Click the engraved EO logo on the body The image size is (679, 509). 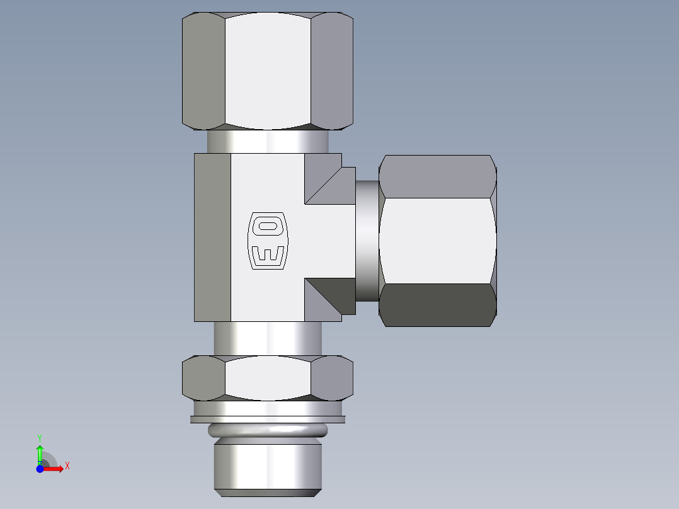pyautogui.click(x=268, y=240)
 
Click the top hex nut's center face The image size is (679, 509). pyautogui.click(x=268, y=71)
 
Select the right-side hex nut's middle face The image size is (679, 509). pyautogui.click(x=437, y=241)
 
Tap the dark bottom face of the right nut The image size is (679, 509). pyautogui.click(x=437, y=305)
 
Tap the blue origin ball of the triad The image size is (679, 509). pyautogui.click(x=40, y=469)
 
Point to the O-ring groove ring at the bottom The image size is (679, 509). pyautogui.click(x=268, y=431)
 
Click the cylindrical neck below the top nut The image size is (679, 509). pyautogui.click(x=268, y=141)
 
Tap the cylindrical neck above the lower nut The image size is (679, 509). pyautogui.click(x=268, y=338)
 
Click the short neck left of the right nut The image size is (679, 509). pyautogui.click(x=367, y=241)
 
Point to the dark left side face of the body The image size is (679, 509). pyautogui.click(x=212, y=237)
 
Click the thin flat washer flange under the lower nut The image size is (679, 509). pyautogui.click(x=268, y=419)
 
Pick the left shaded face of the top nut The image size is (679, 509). pyautogui.click(x=203, y=71)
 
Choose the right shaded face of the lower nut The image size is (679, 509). pyautogui.click(x=332, y=378)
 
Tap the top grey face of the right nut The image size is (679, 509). pyautogui.click(x=437, y=176)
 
